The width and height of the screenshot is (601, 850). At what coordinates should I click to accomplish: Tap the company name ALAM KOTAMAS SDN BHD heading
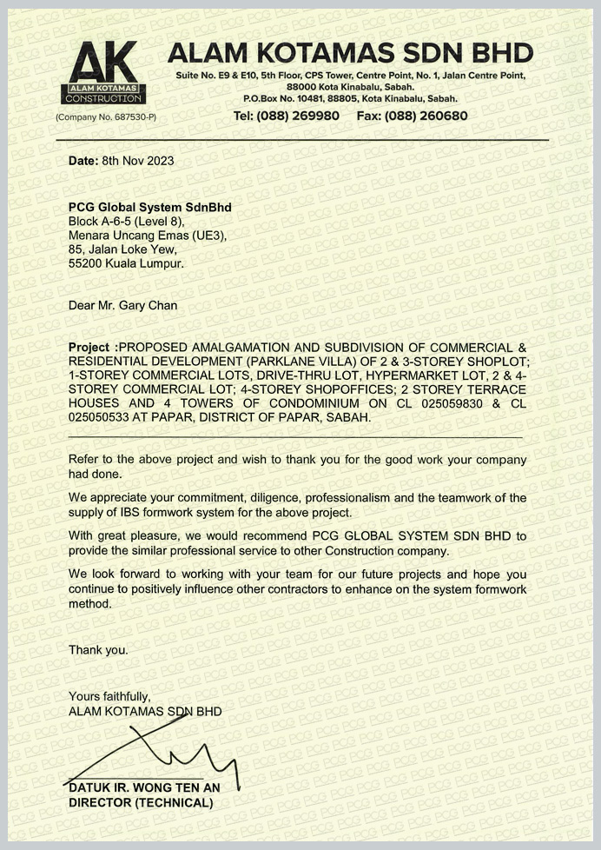(x=350, y=53)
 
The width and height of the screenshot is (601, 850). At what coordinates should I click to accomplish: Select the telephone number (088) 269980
(x=287, y=116)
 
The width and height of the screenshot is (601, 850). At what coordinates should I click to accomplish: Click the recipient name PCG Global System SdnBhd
(x=150, y=208)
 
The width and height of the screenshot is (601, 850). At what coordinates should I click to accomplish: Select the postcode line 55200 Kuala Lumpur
(x=126, y=262)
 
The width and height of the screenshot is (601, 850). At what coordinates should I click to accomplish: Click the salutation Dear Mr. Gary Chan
(x=122, y=305)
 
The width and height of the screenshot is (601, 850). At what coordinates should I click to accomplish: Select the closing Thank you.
(x=98, y=649)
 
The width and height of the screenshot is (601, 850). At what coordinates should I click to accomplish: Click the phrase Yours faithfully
(x=109, y=696)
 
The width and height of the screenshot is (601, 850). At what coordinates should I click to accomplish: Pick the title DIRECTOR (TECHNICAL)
(x=141, y=803)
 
